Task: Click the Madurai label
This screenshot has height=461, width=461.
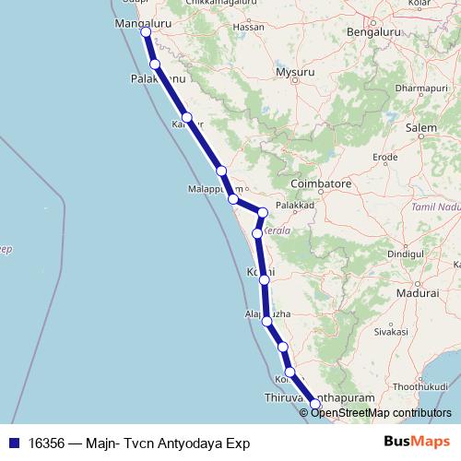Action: pos(415,292)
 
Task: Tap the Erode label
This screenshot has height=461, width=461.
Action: pos(384,158)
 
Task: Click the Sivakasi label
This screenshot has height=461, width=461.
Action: pos(390,329)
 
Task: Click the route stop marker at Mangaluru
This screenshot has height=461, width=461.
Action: pos(146,32)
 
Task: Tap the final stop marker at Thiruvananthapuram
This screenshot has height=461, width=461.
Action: pos(314,403)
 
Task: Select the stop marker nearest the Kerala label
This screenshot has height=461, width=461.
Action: pos(257,234)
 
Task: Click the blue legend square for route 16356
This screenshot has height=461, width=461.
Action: pos(12,443)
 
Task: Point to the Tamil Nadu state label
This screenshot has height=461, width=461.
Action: pos(434,210)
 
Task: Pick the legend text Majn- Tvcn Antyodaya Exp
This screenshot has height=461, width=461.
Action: pos(163,443)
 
